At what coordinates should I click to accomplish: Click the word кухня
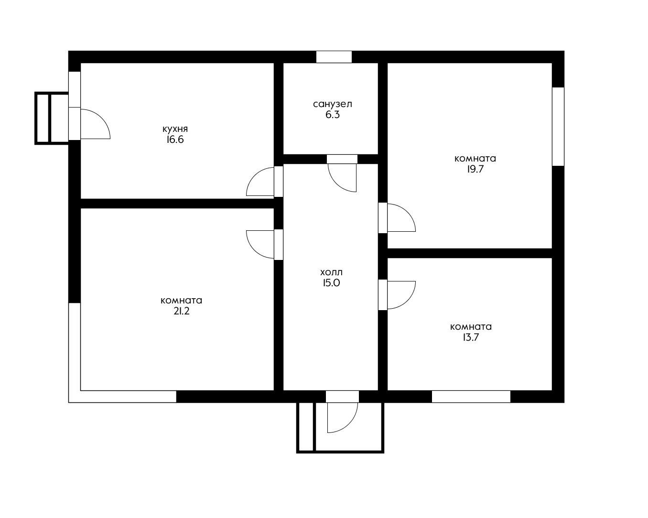pyautogui.click(x=175, y=129)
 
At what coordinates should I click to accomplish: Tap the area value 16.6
pyautogui.click(x=175, y=140)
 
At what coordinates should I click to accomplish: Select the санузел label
pyautogui.click(x=333, y=104)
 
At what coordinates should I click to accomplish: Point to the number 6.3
pyautogui.click(x=333, y=115)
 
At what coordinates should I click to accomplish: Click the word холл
pyautogui.click(x=331, y=272)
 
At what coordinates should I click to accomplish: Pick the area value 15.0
pyautogui.click(x=331, y=283)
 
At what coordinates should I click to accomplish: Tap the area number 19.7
pyautogui.click(x=475, y=169)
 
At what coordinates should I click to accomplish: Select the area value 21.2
pyautogui.click(x=182, y=311)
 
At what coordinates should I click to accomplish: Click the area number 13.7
pyautogui.click(x=471, y=337)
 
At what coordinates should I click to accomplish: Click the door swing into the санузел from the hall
pyautogui.click(x=336, y=183)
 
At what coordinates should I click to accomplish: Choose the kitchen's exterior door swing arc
pyautogui.click(x=102, y=118)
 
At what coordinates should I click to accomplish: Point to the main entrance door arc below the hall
pyautogui.click(x=349, y=424)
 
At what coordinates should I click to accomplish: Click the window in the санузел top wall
pyautogui.click(x=334, y=57)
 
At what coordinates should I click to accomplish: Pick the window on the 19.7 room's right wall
pyautogui.click(x=558, y=127)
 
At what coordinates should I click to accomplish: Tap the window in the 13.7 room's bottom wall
pyautogui.click(x=471, y=397)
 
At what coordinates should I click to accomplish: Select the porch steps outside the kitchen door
pyautogui.click(x=52, y=118)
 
